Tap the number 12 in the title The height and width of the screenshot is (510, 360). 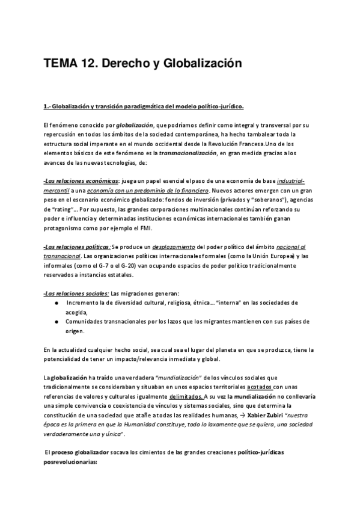coord(92,63)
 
